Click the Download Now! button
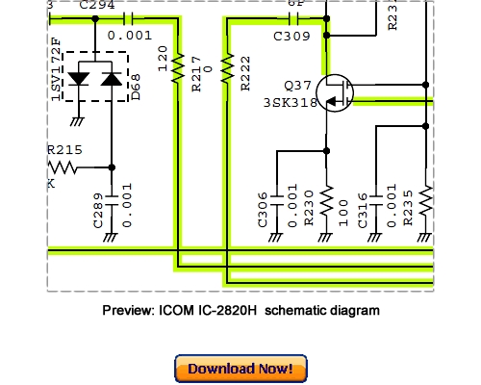pyautogui.click(x=240, y=369)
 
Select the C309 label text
pyautogui.click(x=291, y=38)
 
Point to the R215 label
pyautogui.click(x=64, y=149)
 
